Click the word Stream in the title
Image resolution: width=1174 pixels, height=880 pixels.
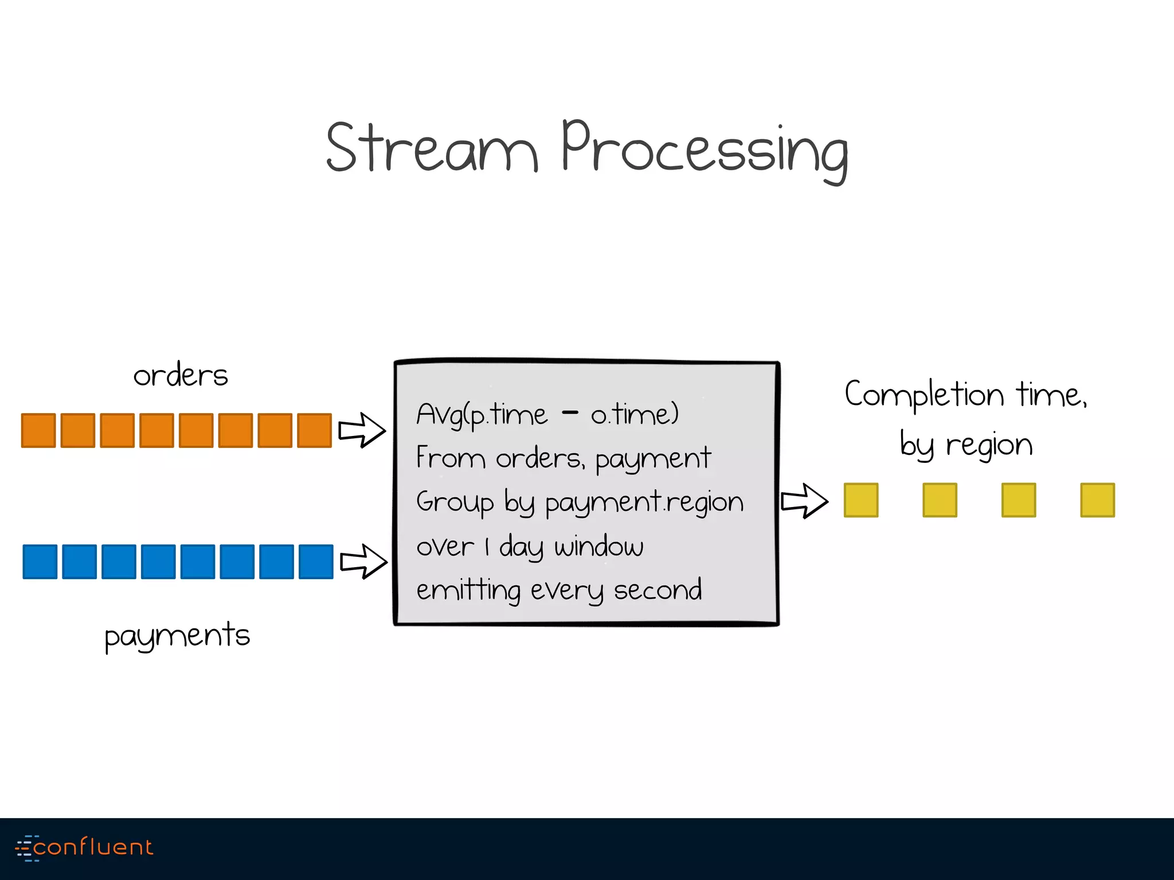[431, 148]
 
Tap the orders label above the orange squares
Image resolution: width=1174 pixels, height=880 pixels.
[181, 376]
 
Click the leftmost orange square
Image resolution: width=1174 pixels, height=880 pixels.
[38, 430]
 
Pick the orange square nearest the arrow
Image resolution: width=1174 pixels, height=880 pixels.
[315, 430]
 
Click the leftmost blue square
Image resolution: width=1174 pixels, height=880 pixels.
[40, 561]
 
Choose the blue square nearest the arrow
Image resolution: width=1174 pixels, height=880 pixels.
[316, 561]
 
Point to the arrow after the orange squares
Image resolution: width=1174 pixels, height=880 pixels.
[362, 430]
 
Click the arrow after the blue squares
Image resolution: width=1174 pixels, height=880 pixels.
[363, 561]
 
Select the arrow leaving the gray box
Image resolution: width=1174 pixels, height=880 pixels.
[805, 501]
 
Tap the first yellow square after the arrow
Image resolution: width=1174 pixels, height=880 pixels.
[861, 500]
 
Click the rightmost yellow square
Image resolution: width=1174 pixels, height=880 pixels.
[1097, 500]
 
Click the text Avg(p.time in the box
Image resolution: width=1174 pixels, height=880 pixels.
[482, 415]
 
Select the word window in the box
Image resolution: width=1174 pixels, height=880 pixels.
[598, 546]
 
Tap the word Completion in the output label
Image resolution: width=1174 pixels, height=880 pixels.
[924, 394]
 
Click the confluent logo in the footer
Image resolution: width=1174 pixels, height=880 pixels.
[84, 847]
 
